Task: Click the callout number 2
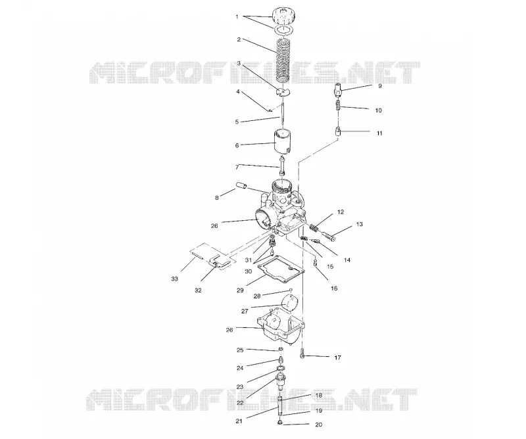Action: tap(239, 39)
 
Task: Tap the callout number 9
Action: tap(380, 86)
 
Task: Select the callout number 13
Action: tap(359, 224)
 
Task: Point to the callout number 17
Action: tap(337, 358)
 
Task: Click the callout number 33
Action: tap(174, 279)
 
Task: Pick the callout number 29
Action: tap(240, 290)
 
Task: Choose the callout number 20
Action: tap(319, 425)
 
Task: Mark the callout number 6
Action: tap(237, 145)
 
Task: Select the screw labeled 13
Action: tap(329, 235)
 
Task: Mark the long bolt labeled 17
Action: tap(302, 353)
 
